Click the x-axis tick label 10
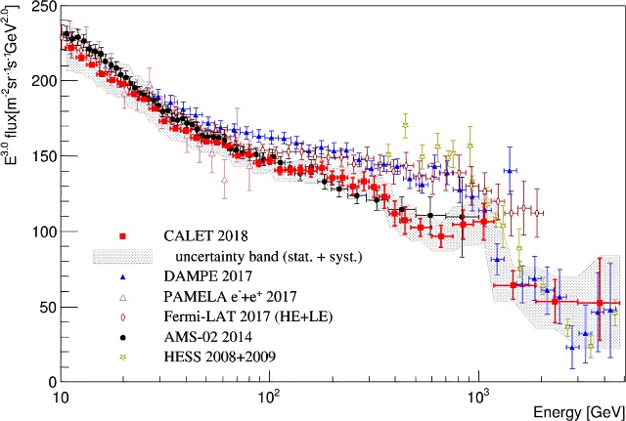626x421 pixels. (x=59, y=398)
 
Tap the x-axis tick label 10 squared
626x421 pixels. (x=268, y=397)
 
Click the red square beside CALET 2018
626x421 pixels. (x=121, y=236)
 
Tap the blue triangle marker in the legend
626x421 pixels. (x=121, y=276)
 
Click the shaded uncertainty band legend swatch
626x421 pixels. (x=121, y=256)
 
